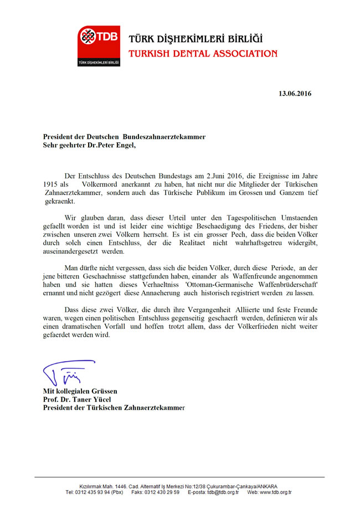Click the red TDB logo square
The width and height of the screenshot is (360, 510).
tap(98, 46)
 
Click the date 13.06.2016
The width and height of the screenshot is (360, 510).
tap(295, 94)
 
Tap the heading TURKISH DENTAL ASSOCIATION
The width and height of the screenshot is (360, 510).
tap(202, 54)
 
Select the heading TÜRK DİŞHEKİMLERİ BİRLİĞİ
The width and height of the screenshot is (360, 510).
tap(196, 39)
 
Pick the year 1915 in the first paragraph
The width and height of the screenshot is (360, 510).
tap(50, 183)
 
